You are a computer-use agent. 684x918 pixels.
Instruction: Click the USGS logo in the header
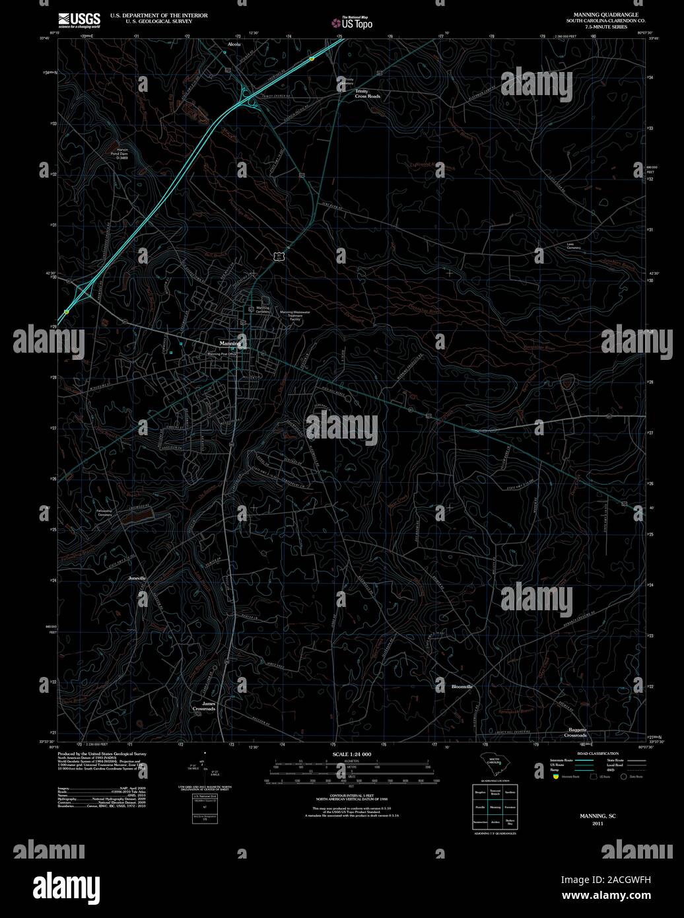(x=79, y=20)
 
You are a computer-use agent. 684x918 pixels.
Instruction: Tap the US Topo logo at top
(x=352, y=22)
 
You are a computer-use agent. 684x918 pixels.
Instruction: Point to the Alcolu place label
(x=234, y=44)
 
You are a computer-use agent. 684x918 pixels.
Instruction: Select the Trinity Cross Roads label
(x=368, y=94)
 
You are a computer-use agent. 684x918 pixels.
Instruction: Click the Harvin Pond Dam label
(x=121, y=154)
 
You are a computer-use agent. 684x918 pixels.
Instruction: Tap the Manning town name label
(x=231, y=344)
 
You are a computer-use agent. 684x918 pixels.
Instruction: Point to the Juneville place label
(x=137, y=578)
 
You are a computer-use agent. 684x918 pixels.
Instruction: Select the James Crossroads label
(x=209, y=706)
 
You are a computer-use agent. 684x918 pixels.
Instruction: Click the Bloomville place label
(x=462, y=687)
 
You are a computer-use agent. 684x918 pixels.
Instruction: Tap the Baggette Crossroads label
(x=577, y=732)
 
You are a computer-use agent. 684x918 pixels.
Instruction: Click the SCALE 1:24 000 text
(x=352, y=754)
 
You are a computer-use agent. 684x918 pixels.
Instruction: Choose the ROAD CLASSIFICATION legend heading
(x=598, y=754)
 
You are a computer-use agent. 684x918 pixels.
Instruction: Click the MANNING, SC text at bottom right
(x=598, y=816)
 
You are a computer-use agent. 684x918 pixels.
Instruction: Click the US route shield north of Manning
(x=281, y=254)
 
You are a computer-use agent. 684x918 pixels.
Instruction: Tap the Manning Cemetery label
(x=263, y=309)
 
